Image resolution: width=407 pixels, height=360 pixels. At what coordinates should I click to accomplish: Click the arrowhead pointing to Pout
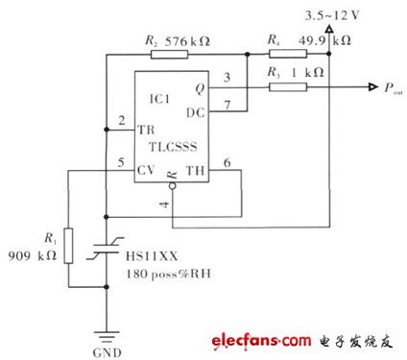click(371, 87)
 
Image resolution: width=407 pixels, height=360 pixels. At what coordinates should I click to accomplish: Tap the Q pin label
click(200, 87)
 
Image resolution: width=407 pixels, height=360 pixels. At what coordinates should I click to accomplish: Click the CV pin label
click(147, 171)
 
